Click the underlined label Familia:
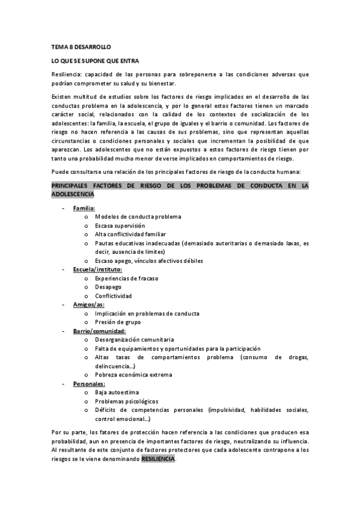(x=84, y=208)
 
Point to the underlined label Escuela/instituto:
(x=97, y=269)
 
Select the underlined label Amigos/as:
(x=88, y=305)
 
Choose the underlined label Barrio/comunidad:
(x=99, y=331)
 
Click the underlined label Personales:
(x=90, y=384)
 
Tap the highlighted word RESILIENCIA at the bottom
(x=159, y=458)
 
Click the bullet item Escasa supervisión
(x=120, y=226)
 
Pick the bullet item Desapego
(x=109, y=287)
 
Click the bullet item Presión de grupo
(x=118, y=322)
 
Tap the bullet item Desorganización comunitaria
(x=134, y=340)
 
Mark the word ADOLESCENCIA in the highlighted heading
(x=73, y=195)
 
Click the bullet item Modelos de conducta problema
(x=138, y=217)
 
